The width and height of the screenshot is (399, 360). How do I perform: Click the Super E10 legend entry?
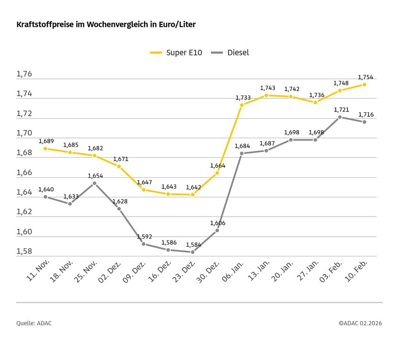point(176,53)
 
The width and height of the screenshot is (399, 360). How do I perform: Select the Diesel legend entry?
point(232,53)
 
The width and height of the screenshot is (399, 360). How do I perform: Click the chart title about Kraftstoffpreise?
point(106,24)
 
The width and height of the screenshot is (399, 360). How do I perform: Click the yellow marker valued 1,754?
point(365,85)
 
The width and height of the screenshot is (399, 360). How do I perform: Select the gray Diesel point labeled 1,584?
point(193,252)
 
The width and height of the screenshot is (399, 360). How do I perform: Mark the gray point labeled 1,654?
point(95,183)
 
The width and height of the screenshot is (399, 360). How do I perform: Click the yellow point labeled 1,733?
point(242,105)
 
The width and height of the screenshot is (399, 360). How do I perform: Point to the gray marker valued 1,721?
point(340,117)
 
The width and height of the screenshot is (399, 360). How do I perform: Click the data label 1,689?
point(45,141)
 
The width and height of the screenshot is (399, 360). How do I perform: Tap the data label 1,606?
point(217,223)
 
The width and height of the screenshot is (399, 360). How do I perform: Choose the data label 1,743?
point(267,88)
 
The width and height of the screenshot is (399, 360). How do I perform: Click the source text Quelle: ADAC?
point(34,323)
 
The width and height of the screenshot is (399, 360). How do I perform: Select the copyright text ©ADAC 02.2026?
point(360,323)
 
